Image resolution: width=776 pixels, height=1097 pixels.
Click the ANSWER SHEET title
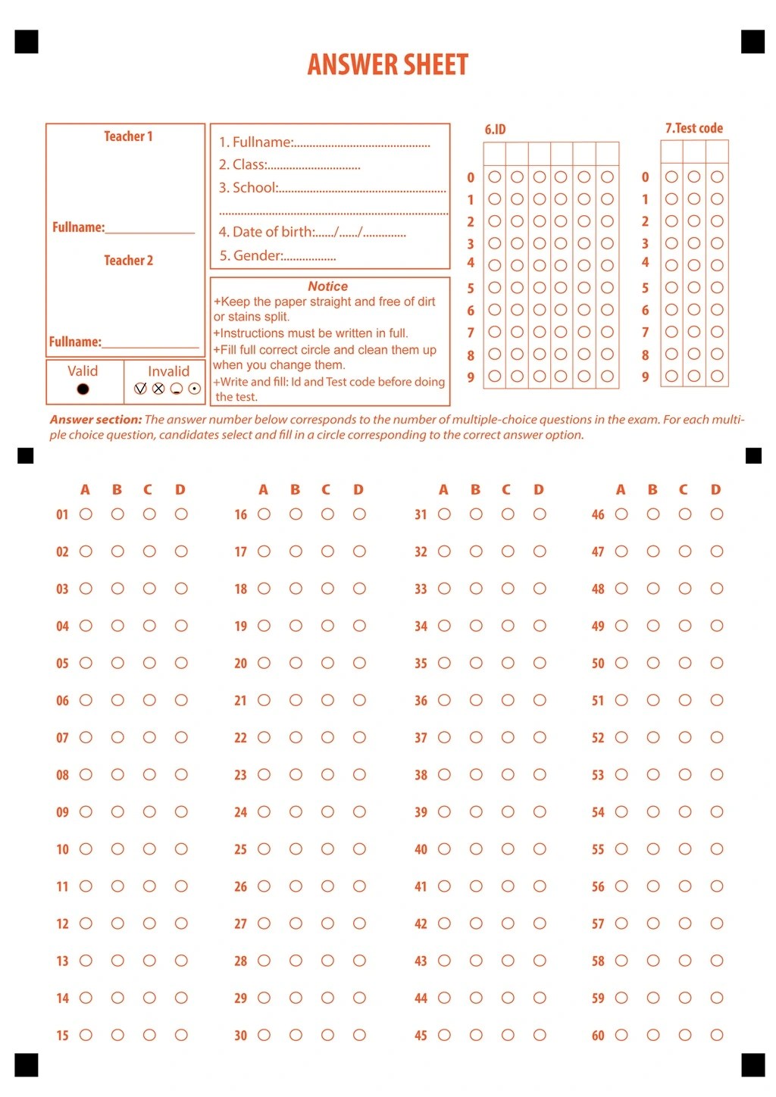point(387,64)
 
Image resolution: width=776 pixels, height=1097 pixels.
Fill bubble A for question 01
point(86,514)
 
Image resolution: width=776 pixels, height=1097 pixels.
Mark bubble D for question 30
point(359,1035)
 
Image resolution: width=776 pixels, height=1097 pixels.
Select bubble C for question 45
point(508,1035)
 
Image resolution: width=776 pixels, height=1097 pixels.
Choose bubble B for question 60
point(653,1035)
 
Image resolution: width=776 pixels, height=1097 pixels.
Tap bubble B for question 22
point(296,737)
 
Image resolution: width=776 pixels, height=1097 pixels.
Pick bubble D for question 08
point(181,774)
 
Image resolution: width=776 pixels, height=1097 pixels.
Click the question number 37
point(421,738)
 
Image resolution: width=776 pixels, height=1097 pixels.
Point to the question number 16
point(240,515)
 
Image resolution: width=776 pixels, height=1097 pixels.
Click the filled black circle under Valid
point(83,389)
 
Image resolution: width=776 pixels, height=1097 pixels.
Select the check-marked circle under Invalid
point(140,389)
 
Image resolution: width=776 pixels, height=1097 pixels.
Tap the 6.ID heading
point(495,130)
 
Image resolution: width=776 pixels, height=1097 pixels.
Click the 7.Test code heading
point(693,128)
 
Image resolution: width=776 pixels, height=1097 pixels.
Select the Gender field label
point(251,255)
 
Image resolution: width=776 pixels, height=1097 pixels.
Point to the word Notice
point(327,286)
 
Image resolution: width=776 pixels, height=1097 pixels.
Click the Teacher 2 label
point(128,261)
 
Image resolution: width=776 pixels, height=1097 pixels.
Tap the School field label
point(248,188)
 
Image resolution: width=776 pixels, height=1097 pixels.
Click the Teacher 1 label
point(128,136)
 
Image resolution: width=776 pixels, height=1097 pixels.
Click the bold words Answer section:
point(95,419)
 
